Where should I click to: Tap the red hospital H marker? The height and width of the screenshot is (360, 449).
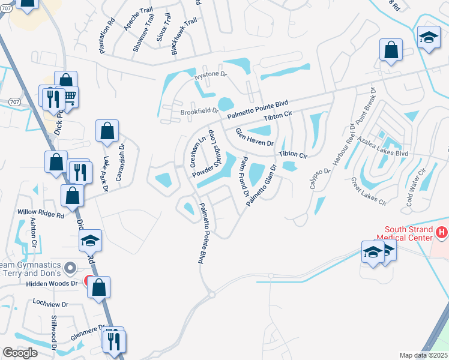pyautogui.click(x=442, y=232)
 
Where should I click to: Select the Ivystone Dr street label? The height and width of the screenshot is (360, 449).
pyautogui.click(x=209, y=76)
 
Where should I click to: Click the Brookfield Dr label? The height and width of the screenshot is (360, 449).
pyautogui.click(x=199, y=111)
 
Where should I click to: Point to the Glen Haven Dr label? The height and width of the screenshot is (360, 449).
pyautogui.click(x=254, y=138)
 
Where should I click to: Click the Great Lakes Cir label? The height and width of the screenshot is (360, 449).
pyautogui.click(x=369, y=191)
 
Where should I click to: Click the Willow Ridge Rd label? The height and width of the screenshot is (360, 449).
pyautogui.click(x=40, y=213)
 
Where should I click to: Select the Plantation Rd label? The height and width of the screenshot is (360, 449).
pyautogui.click(x=107, y=36)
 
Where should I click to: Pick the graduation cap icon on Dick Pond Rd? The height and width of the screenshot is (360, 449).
pyautogui.click(x=91, y=241)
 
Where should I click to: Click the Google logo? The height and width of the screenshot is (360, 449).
pyautogui.click(x=20, y=353)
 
